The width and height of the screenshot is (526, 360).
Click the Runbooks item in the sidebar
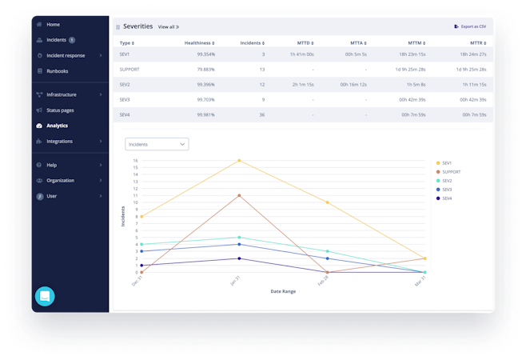tap(58, 71)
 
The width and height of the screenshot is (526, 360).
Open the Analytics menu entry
tap(57, 126)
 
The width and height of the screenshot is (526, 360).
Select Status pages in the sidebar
tap(60, 110)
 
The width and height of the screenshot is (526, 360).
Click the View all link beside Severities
tap(168, 27)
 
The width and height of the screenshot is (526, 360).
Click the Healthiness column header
tap(200, 42)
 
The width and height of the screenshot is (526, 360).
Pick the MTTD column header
tap(305, 42)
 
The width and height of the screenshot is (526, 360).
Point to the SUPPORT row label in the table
tap(130, 69)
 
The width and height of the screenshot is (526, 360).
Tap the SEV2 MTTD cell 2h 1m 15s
tap(301, 84)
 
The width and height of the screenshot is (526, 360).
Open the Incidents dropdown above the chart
tap(157, 144)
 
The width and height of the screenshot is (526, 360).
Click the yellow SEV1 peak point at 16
tap(239, 161)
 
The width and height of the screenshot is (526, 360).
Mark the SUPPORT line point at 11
tap(239, 195)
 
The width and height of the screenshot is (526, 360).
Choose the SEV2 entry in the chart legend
tap(447, 180)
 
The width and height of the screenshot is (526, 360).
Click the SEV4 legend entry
tap(447, 198)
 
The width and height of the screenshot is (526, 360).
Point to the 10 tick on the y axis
tap(136, 202)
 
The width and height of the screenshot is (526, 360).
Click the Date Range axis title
tap(283, 291)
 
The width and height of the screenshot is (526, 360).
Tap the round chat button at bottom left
tap(45, 296)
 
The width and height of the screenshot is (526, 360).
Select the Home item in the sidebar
tap(53, 25)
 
